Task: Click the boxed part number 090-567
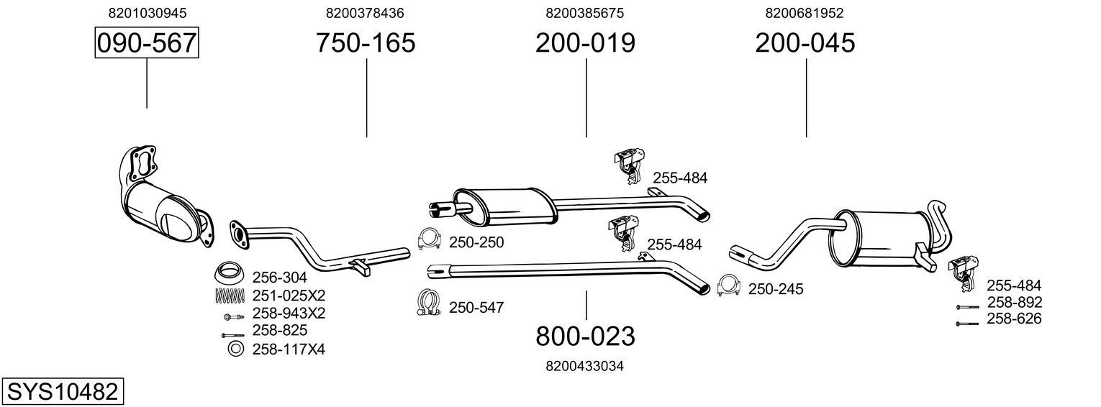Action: click(147, 43)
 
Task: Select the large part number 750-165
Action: click(366, 43)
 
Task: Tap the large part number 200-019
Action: click(585, 43)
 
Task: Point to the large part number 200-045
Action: click(805, 43)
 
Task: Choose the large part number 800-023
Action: click(585, 336)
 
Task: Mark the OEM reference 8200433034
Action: click(584, 366)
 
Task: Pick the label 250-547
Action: click(476, 308)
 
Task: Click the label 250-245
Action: click(776, 289)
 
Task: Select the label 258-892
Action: click(1014, 303)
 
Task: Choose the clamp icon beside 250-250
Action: click(430, 239)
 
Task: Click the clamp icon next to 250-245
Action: click(730, 286)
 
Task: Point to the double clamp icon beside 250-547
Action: click(429, 303)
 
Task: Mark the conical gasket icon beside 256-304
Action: click(230, 274)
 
